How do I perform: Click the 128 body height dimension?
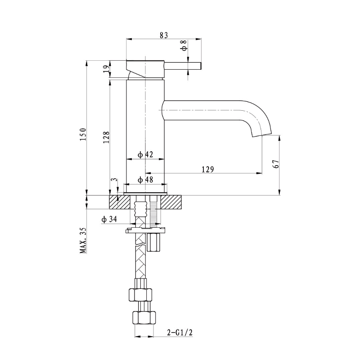coord(106,137)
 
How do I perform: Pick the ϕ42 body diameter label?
coord(145,154)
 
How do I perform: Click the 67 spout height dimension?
coord(277,164)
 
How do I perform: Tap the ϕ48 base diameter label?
coord(145,180)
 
